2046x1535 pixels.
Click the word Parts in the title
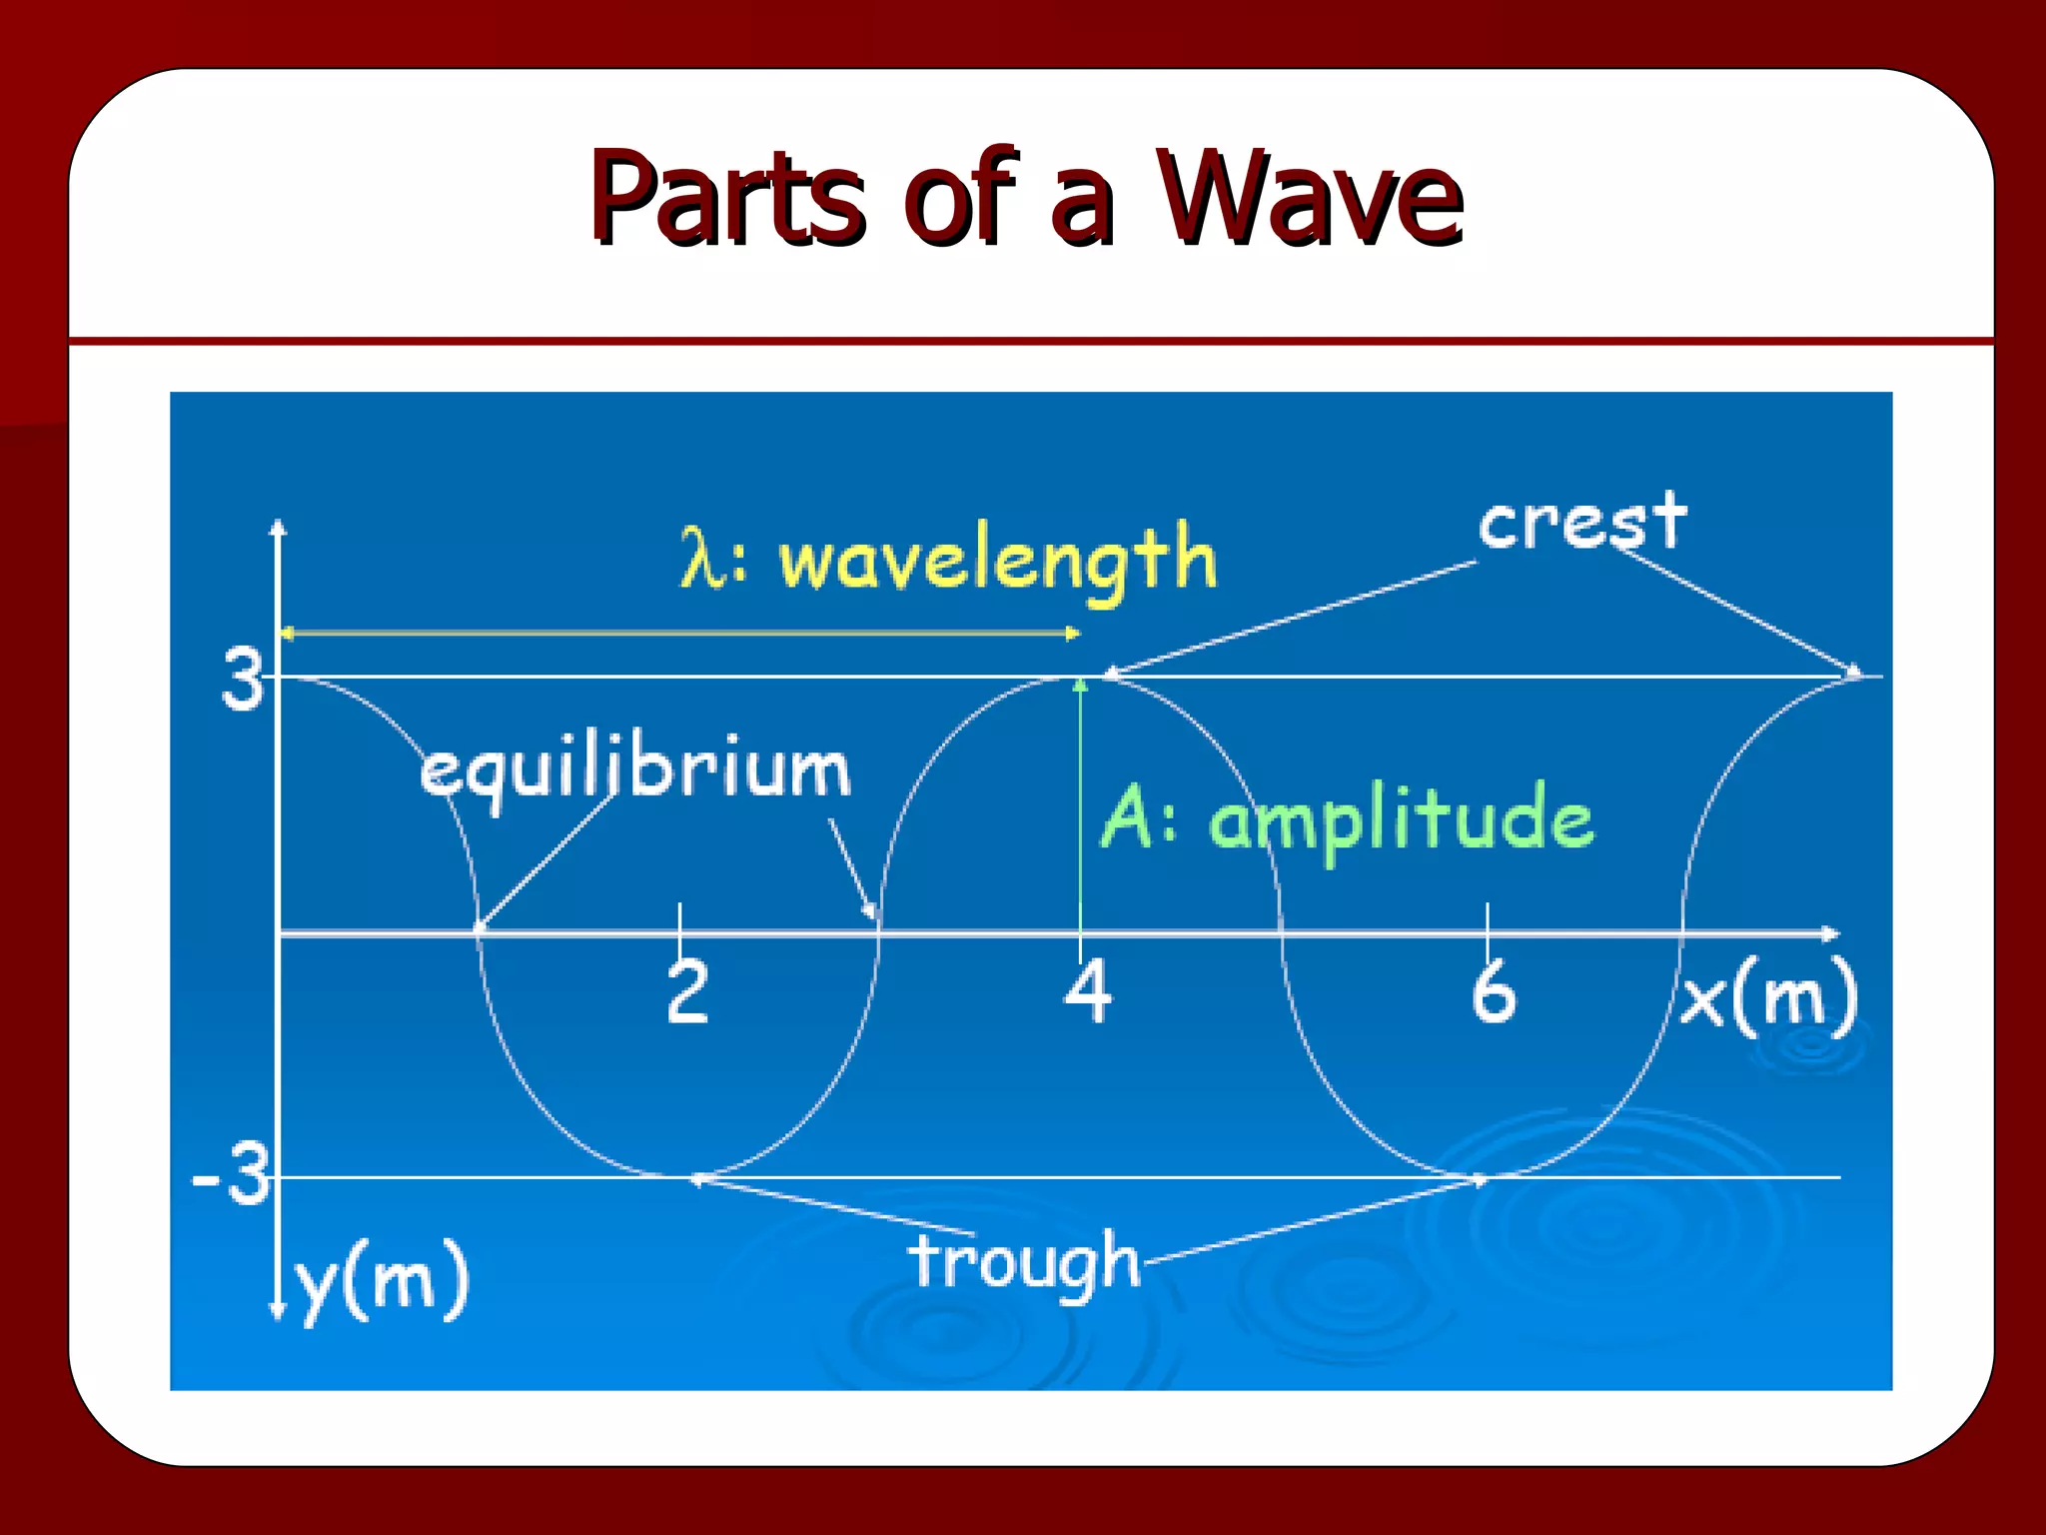[725, 197]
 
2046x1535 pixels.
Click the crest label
[1581, 522]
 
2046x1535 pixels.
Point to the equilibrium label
[635, 769]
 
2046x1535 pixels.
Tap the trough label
[1025, 1261]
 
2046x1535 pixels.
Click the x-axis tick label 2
[687, 991]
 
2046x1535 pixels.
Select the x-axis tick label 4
[1087, 991]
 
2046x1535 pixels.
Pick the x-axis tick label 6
[1493, 991]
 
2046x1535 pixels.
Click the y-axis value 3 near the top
[242, 680]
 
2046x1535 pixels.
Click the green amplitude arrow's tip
[1080, 685]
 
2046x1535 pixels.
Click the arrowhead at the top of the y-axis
[279, 527]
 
